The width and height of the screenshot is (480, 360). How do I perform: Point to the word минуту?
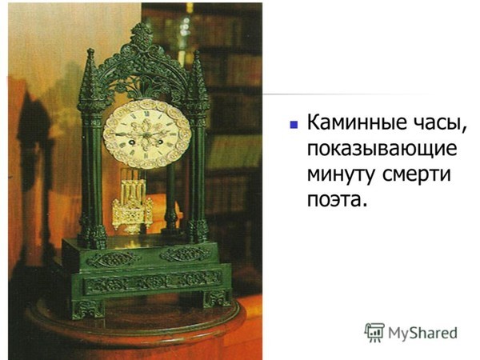pos(341,175)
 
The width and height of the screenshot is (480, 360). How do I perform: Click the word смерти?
pos(417,175)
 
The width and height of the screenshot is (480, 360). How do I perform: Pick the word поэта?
pos(337,199)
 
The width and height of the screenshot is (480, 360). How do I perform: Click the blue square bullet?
pos(294,124)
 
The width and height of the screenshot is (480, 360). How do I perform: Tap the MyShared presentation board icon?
pos(374,332)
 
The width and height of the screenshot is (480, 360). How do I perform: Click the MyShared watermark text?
pos(422,333)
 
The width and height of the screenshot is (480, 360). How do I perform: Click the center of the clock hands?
pos(147,134)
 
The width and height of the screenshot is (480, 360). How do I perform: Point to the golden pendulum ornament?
pos(132,208)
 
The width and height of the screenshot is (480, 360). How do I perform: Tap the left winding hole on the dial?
pos(133,142)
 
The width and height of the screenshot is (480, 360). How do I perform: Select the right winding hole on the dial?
pos(159,142)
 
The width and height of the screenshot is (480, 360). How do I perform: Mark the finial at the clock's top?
pos(141,33)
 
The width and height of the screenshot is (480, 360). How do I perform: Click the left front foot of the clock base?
pos(89,309)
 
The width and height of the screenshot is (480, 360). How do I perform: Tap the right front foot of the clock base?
pos(217,298)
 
